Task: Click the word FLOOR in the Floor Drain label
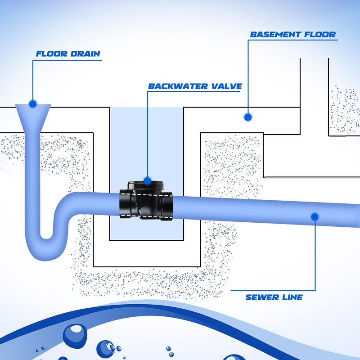click(51, 54)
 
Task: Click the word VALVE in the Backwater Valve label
click(224, 86)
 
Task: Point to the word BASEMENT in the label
click(276, 34)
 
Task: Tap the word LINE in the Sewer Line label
click(290, 297)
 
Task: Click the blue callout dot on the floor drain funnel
click(32, 104)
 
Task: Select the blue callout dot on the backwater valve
click(147, 181)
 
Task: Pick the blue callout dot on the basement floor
click(247, 117)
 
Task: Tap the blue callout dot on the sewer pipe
click(315, 217)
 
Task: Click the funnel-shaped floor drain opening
click(33, 112)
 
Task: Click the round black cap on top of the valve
click(147, 184)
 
